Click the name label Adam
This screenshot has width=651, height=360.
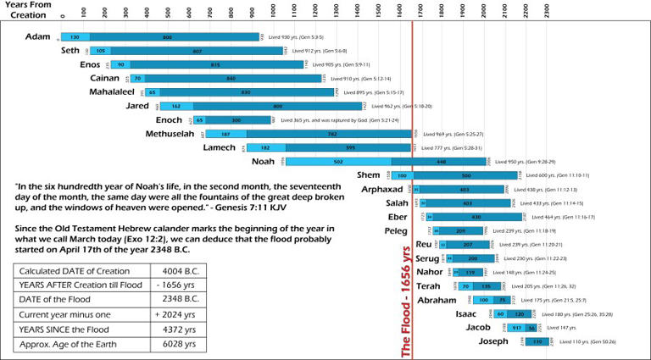pos(38,37)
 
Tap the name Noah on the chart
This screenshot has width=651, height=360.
pos(264,161)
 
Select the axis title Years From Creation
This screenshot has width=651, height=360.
pos(26,12)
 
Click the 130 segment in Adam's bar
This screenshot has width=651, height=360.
pos(75,37)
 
